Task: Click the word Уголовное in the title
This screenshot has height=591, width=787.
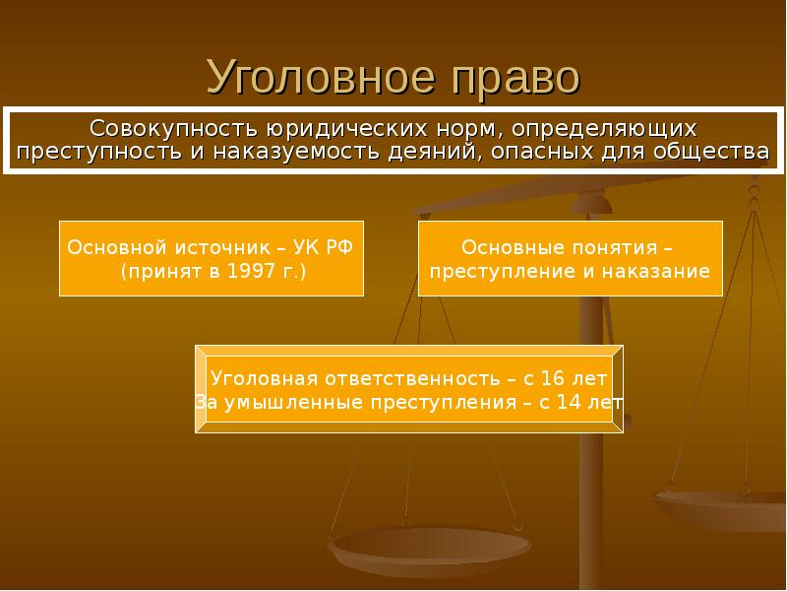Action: click(x=321, y=78)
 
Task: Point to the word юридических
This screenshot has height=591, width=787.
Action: click(x=347, y=130)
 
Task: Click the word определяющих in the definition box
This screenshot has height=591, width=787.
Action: click(x=604, y=130)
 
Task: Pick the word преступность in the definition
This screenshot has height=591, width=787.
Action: click(x=99, y=152)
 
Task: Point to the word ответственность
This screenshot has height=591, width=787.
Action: click(x=412, y=379)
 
